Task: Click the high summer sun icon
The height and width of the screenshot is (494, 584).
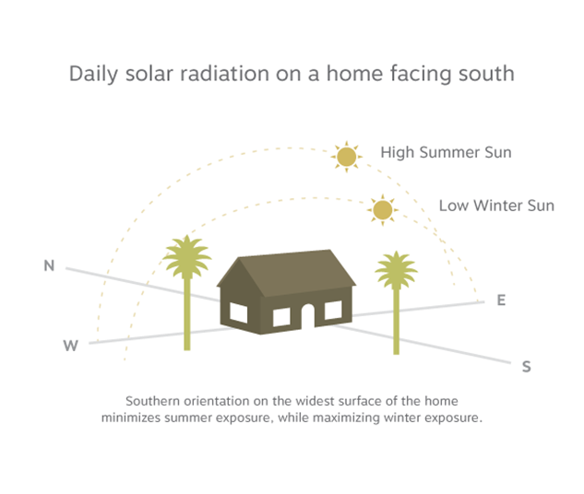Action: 346,157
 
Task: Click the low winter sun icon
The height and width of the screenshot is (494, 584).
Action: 383,210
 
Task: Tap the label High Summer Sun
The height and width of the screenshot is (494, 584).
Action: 446,152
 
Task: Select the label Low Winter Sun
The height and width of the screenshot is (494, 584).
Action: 496,206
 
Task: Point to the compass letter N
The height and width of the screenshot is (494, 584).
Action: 49,265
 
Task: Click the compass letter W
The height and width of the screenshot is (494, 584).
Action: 70,346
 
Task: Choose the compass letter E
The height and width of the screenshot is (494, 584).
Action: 501,300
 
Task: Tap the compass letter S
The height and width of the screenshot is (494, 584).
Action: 526,367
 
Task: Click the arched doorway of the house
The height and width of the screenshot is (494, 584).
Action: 308,316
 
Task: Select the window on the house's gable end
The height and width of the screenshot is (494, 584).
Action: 238,312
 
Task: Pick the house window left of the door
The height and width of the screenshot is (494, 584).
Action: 281,317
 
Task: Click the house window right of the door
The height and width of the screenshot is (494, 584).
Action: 333,311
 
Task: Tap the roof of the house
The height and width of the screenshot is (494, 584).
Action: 294,273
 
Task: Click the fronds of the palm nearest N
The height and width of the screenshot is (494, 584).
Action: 187,256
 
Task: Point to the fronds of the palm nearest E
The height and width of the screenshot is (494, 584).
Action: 397,270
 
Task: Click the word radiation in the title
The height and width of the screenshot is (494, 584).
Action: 224,74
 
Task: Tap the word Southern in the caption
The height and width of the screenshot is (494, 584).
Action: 153,401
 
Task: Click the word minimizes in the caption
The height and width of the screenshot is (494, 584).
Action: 131,418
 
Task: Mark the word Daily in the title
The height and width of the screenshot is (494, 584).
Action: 93,74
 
